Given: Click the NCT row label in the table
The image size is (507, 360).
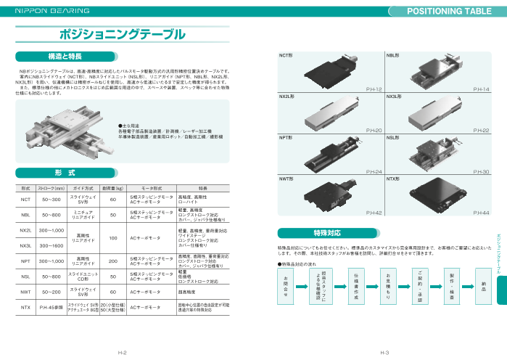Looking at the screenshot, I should coord(25,200).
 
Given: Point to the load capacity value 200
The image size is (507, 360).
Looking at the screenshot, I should coord(113,261).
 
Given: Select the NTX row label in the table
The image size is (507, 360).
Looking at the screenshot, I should coord(25,308).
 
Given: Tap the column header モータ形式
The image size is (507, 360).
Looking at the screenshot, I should coord(151,187).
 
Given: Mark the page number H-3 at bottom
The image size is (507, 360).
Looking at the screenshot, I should coord(386,352).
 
